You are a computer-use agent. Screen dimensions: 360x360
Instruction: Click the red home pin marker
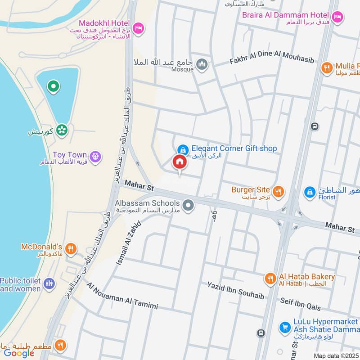point(179,162)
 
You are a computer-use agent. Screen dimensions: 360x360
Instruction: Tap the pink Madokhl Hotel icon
point(139,28)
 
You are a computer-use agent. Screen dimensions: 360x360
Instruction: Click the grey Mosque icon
point(202,65)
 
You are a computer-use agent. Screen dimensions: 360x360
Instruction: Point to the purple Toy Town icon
point(95,157)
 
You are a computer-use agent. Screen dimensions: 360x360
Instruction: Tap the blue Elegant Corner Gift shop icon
point(182,148)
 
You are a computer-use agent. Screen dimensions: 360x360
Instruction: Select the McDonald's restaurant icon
point(71,248)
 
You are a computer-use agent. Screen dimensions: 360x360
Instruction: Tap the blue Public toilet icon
point(49,283)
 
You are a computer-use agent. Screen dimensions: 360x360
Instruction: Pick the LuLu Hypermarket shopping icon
point(284,327)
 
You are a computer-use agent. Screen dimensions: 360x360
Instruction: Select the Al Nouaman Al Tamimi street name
point(122,296)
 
